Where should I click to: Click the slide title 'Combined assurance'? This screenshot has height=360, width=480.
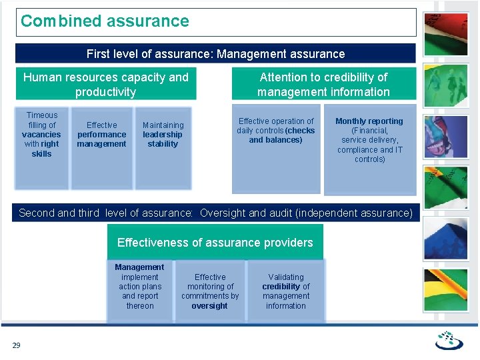105,21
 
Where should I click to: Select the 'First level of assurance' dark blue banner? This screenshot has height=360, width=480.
215,54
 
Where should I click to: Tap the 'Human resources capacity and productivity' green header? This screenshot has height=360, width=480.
105,84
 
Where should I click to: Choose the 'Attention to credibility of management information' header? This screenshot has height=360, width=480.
323,84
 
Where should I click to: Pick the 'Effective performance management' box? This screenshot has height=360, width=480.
101,147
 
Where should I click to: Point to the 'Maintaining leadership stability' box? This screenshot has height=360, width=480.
163,147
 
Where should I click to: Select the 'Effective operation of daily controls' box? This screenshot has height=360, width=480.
275,149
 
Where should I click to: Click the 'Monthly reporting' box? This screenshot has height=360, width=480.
369,149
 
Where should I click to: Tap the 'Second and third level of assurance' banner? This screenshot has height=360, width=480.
215,213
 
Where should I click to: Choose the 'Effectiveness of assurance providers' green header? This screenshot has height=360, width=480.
215,242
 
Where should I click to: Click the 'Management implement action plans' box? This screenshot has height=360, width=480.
139,290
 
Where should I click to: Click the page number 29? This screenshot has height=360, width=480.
16,345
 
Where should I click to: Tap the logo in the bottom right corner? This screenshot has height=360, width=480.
449,340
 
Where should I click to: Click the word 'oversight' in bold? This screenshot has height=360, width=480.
209,306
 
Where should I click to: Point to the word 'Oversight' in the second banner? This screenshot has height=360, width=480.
225,213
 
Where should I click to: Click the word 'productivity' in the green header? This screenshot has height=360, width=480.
105,92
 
